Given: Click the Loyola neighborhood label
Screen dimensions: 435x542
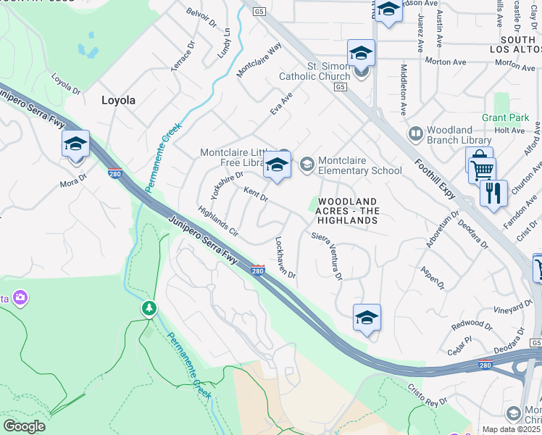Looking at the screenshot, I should pyautogui.click(x=118, y=101).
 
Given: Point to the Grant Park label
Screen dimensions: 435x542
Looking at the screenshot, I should pyautogui.click(x=505, y=117).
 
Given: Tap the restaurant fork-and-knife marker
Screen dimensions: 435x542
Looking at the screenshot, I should pyautogui.click(x=493, y=194).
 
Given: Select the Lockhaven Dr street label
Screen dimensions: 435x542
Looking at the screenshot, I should pyautogui.click(x=285, y=257).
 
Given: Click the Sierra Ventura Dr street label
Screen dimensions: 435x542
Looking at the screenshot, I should pyautogui.click(x=327, y=256).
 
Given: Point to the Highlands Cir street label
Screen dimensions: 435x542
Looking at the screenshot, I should pyautogui.click(x=217, y=223).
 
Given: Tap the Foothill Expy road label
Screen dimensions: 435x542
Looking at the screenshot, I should pyautogui.click(x=435, y=177).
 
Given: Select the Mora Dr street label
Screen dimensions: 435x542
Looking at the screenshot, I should pyautogui.click(x=73, y=183).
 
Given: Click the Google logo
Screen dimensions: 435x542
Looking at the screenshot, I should pyautogui.click(x=24, y=426).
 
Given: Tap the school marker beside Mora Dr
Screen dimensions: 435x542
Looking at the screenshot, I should pyautogui.click(x=75, y=144).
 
